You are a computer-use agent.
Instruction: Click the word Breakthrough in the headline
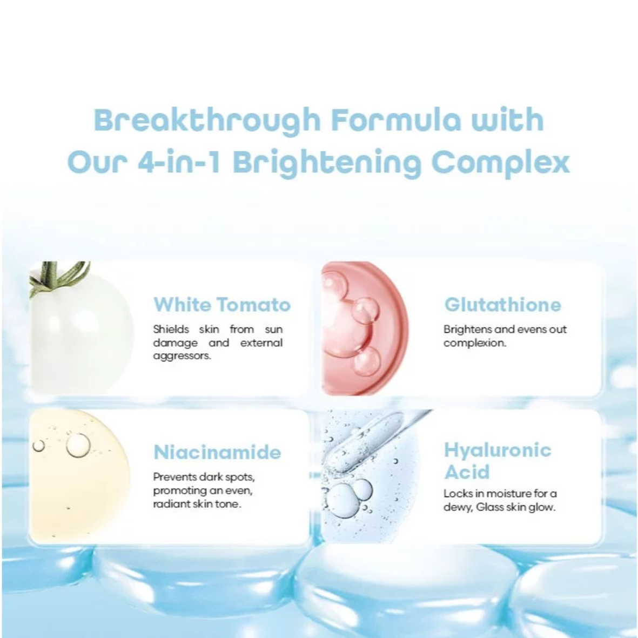(x=207, y=120)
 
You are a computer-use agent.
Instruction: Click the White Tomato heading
(x=221, y=305)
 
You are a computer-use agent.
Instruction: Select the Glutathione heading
(x=502, y=305)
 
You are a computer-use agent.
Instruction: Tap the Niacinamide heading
(x=217, y=452)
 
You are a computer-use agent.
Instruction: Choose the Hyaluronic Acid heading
(x=497, y=461)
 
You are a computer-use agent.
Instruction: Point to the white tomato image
(x=82, y=328)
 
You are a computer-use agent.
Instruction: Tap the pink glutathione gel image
(x=365, y=328)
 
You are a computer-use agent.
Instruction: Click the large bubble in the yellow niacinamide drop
(x=78, y=445)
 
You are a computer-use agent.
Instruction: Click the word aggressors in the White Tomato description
(x=182, y=356)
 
